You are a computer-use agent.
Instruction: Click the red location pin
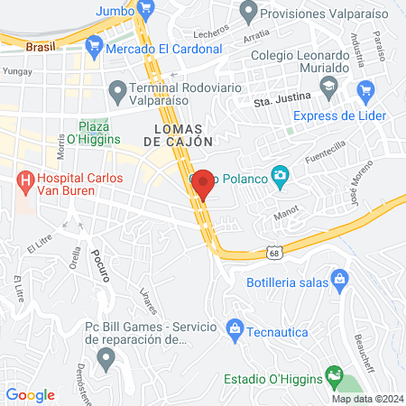(203, 183)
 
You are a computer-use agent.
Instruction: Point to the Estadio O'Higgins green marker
(335, 374)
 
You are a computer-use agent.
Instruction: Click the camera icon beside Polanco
(281, 174)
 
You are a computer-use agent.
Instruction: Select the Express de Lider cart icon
(365, 89)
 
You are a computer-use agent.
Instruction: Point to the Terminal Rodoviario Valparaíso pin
(116, 89)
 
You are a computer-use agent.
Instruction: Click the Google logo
(31, 394)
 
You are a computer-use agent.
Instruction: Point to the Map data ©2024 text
(366, 399)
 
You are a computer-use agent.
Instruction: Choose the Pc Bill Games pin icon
(106, 358)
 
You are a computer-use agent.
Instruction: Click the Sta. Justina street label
(281, 104)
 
